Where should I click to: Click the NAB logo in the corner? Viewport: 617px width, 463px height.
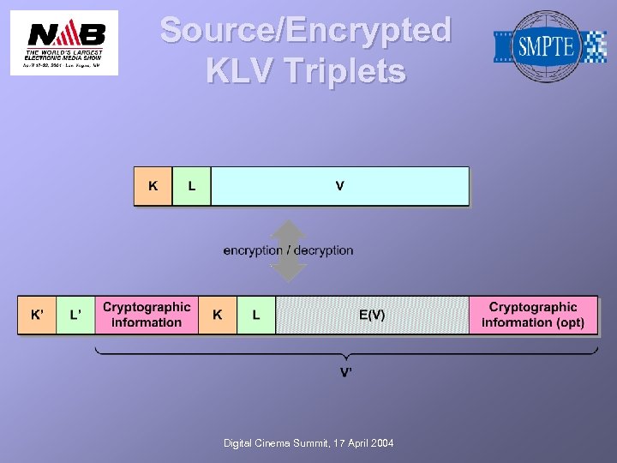coord(64,42)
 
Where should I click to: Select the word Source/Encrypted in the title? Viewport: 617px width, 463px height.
coord(306,30)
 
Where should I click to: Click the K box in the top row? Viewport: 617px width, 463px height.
coord(153,186)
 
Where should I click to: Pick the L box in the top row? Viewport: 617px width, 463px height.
coord(191,186)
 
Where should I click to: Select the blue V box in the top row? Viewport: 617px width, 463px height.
coord(340,186)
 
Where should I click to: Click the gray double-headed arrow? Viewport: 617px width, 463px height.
coord(289,251)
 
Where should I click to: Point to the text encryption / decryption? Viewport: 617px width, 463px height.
coord(288,250)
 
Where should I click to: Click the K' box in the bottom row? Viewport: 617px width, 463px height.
coord(38,315)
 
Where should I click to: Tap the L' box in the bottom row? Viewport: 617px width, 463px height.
coord(75,315)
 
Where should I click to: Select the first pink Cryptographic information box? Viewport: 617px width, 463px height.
coord(147,315)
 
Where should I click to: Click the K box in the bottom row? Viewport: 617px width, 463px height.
coord(218,315)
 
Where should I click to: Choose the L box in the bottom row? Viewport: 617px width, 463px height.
coord(256,315)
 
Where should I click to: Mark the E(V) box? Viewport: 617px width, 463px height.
coord(372,315)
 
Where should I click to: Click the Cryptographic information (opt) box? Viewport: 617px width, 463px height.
coord(533,315)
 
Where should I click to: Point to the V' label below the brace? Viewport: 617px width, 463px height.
coord(346,372)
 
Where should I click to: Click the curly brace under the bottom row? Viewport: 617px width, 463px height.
coord(346,352)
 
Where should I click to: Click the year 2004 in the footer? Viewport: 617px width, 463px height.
coord(380,442)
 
